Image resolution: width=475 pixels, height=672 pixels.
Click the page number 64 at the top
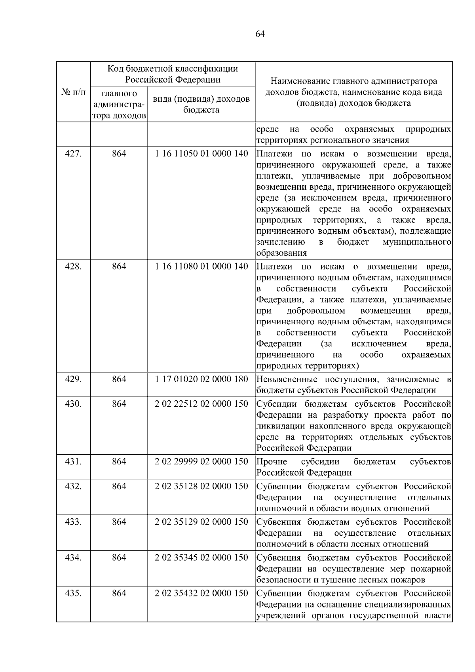[260, 34]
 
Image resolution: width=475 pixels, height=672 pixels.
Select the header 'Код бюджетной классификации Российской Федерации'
[173, 74]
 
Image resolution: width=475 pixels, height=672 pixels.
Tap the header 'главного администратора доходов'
[119, 105]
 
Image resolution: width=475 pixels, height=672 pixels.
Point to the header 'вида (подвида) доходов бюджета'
[201, 104]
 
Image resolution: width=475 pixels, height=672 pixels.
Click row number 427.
[73, 154]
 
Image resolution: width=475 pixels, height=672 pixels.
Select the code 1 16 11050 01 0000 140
[201, 154]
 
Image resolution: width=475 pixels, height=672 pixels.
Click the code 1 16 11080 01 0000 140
[201, 267]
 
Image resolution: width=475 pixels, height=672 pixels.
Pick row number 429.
[73, 379]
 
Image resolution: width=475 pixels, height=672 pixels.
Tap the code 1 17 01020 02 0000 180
[201, 379]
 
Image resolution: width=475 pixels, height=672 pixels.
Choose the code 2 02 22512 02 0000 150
[201, 404]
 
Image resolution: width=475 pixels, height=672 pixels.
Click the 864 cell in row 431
[119, 461]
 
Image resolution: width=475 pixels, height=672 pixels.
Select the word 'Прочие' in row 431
[272, 462]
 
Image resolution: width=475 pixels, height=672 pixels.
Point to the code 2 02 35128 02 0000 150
[201, 486]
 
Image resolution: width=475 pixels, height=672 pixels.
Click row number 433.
[73, 522]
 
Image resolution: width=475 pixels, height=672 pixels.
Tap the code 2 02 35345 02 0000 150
[201, 558]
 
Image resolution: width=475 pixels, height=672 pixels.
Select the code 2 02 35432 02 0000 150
[201, 593]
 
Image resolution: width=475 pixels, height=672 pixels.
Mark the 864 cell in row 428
[119, 267]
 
